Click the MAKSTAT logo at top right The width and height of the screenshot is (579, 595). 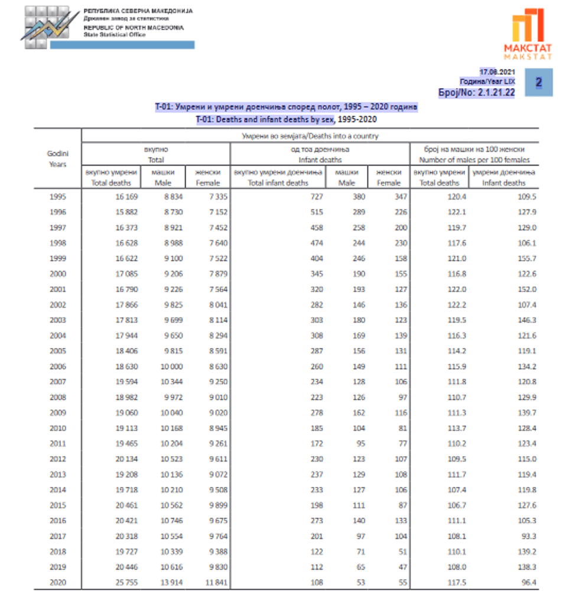(528, 34)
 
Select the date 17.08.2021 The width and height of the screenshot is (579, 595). (498, 71)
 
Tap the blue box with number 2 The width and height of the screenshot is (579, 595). (538, 82)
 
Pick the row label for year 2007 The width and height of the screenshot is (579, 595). (57, 382)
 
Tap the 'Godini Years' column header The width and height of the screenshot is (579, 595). (57, 159)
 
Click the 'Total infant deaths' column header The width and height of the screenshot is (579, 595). (278, 178)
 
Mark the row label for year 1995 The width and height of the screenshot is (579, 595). (57, 196)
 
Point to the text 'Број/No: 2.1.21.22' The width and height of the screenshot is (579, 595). (476, 92)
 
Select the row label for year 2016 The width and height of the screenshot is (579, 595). (57, 521)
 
